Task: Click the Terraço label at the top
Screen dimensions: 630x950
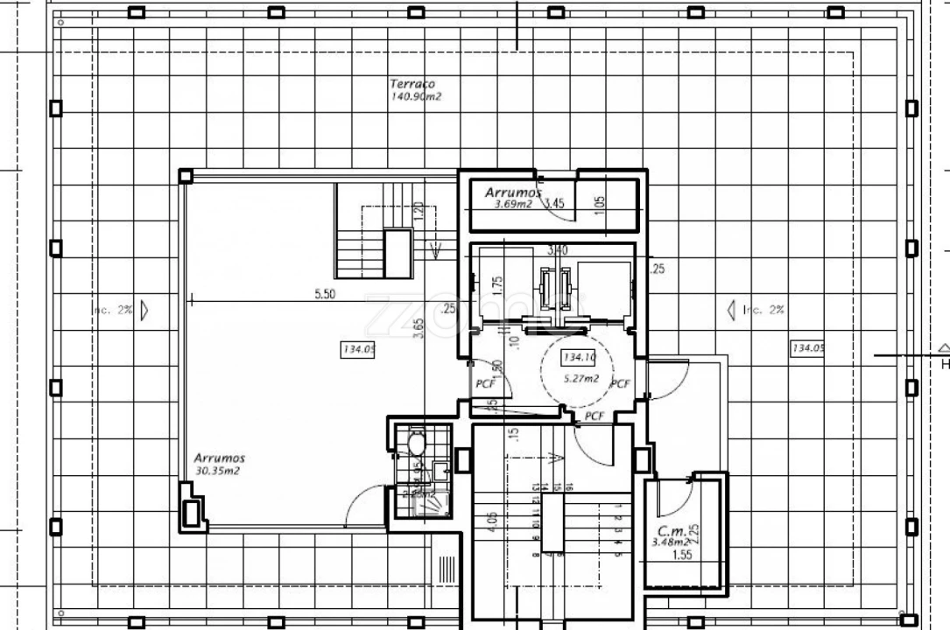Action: pyautogui.click(x=412, y=84)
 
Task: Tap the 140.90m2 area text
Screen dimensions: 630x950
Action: pyautogui.click(x=416, y=96)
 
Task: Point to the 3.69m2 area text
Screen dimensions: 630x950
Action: pyautogui.click(x=512, y=204)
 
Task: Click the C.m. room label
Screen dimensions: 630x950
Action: pyautogui.click(x=671, y=531)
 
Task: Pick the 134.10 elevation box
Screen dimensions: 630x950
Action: pyautogui.click(x=580, y=357)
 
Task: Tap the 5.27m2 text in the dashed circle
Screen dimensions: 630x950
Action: pyautogui.click(x=581, y=378)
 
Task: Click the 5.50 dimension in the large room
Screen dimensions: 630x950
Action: pyautogui.click(x=324, y=295)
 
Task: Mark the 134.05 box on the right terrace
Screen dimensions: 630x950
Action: pyautogui.click(x=807, y=348)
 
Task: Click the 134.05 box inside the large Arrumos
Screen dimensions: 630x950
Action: pyautogui.click(x=357, y=350)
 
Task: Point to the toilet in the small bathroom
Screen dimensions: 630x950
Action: pyautogui.click(x=416, y=444)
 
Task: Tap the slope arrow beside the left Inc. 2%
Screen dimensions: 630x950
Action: pyautogui.click(x=144, y=310)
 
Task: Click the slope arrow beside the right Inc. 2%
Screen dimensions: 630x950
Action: pyautogui.click(x=731, y=310)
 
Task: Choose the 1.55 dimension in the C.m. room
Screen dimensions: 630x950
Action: pyautogui.click(x=682, y=555)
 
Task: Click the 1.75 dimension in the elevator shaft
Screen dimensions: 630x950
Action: pyautogui.click(x=496, y=286)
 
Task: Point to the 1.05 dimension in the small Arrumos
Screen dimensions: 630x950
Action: pyautogui.click(x=600, y=203)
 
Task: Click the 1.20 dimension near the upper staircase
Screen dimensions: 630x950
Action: pyautogui.click(x=418, y=211)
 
